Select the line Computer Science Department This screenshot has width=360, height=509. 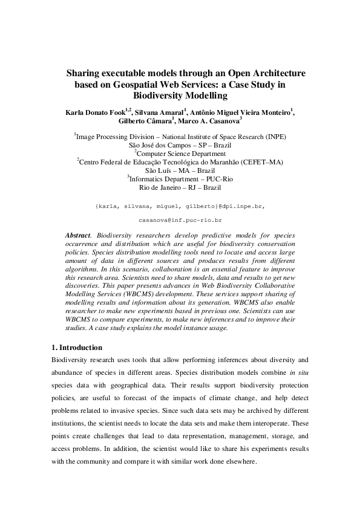tap(180, 154)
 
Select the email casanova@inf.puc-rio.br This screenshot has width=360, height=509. tap(180, 222)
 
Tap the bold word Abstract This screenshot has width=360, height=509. tap(77, 233)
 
